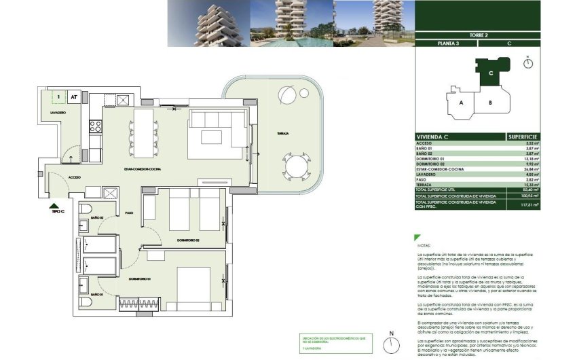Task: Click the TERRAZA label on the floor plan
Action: tap(282, 134)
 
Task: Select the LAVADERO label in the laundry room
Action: tap(57, 112)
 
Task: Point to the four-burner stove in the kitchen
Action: tap(96, 126)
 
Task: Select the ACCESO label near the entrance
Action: tap(75, 177)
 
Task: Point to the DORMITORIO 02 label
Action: tap(187, 240)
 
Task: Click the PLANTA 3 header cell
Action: tap(445, 43)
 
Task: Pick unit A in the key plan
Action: tap(461, 103)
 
